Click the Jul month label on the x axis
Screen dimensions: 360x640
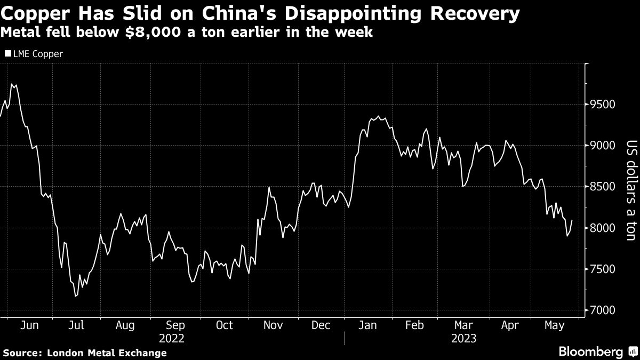coord(76,325)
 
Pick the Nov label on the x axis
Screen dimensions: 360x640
coord(273,325)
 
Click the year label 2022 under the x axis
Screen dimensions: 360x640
coord(171,338)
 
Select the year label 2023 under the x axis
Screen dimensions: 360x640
coord(463,338)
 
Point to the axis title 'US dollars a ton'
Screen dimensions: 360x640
coord(631,187)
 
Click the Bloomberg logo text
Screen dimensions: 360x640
coord(590,351)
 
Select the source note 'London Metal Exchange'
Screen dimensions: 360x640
coord(107,353)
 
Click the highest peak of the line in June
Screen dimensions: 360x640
coord(12,84)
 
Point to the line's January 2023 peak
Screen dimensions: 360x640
coord(379,116)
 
